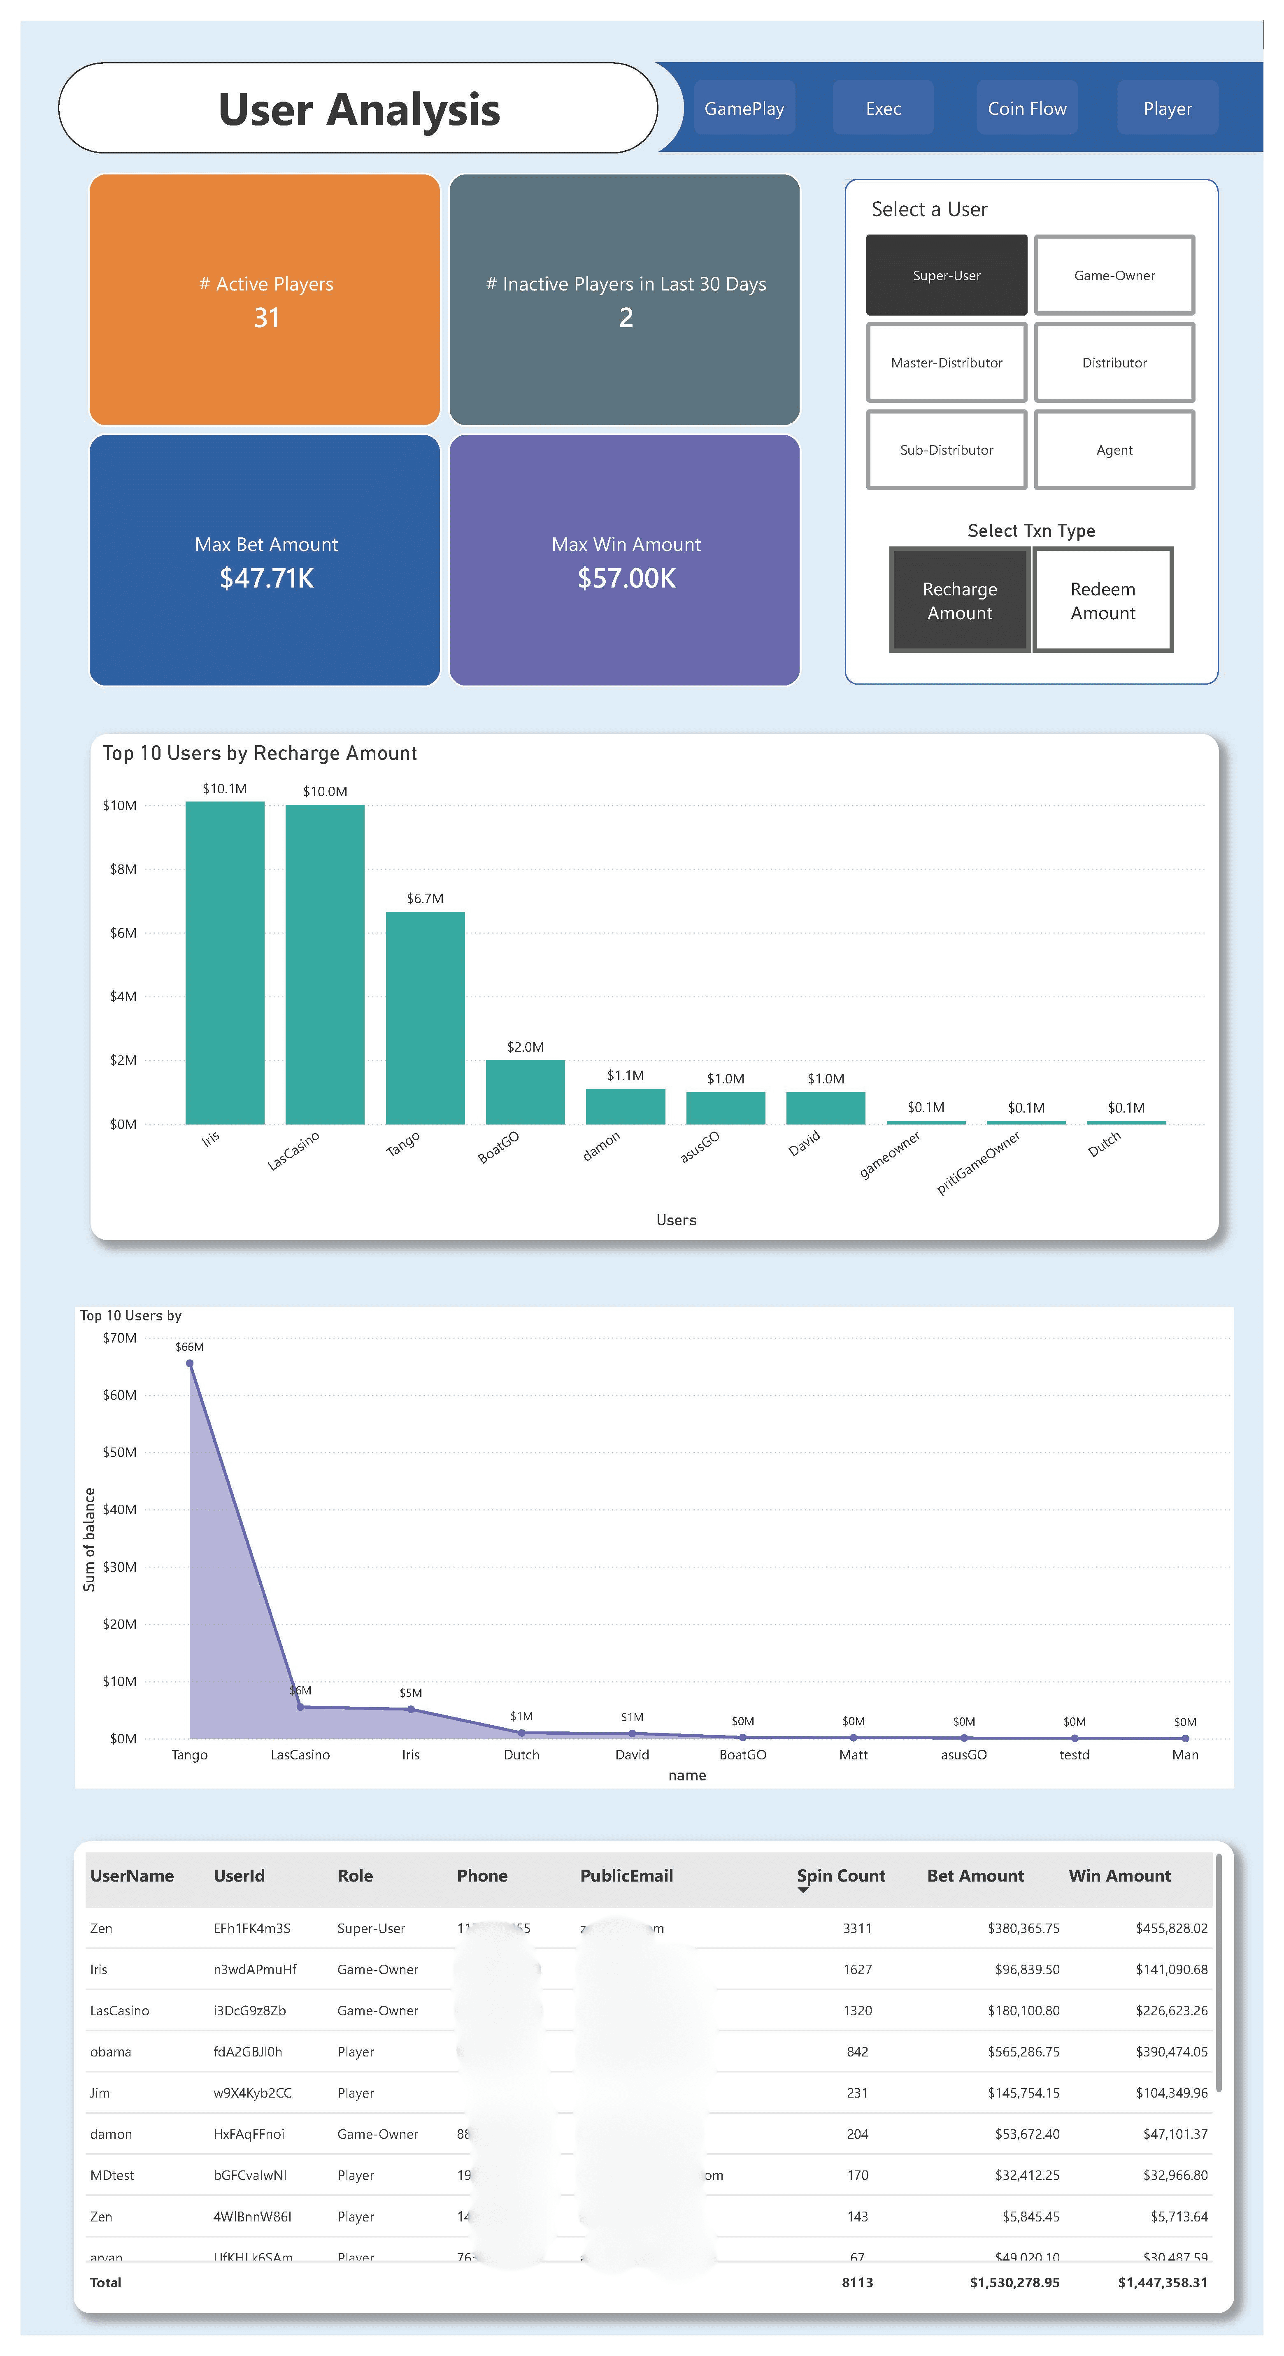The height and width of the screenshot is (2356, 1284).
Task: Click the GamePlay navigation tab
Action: [x=744, y=108]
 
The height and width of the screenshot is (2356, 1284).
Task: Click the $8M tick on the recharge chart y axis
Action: [x=123, y=869]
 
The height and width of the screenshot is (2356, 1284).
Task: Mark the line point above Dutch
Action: [x=521, y=1732]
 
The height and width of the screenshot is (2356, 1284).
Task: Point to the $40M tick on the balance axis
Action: [x=120, y=1509]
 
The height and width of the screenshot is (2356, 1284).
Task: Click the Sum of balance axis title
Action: [x=89, y=1539]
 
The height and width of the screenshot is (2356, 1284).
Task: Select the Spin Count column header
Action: [x=840, y=1876]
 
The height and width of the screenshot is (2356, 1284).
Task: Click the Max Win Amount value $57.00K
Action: [x=626, y=578]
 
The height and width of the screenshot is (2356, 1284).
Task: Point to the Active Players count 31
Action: [x=266, y=317]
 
